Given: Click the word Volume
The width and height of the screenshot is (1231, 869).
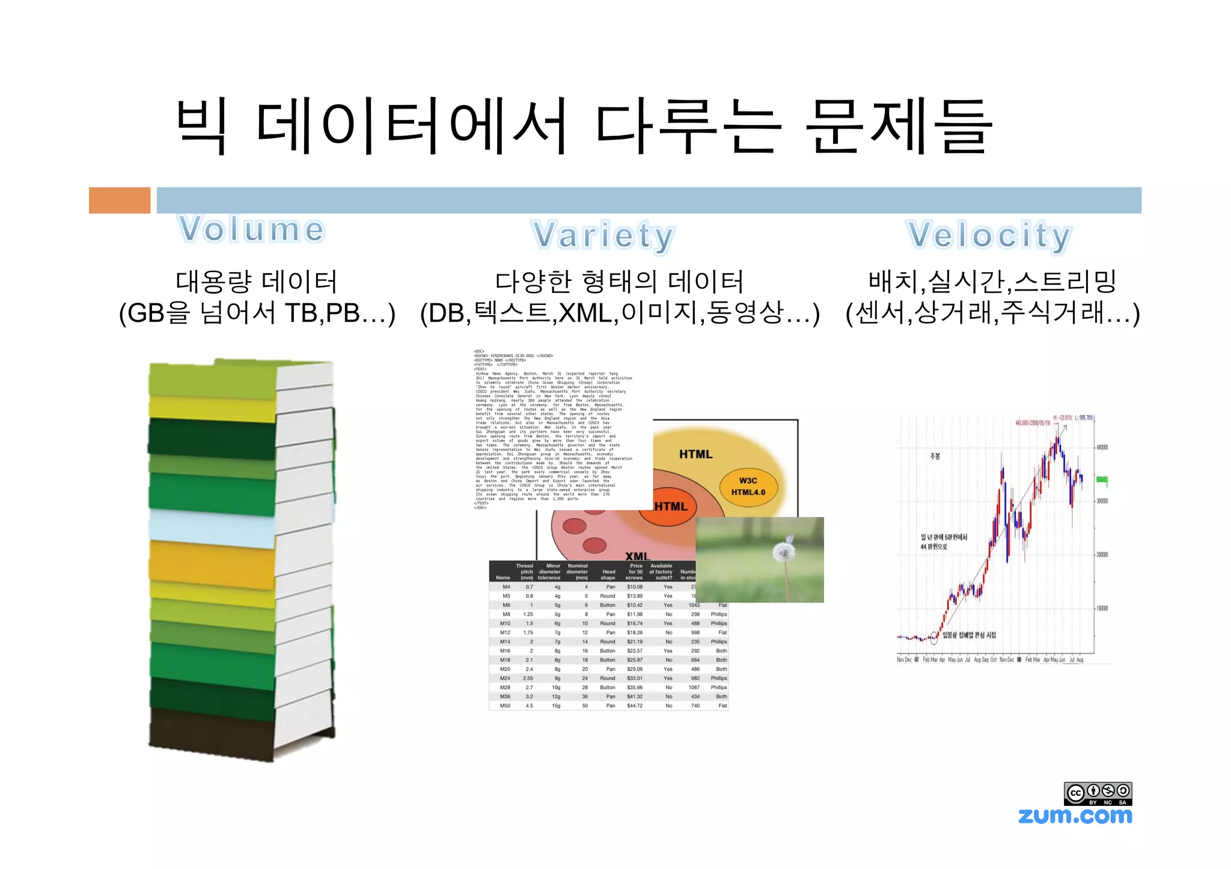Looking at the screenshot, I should pos(252,229).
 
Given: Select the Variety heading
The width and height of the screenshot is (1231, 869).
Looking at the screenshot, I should pos(603,235).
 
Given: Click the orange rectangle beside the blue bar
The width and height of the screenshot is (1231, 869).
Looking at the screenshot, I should pos(120,200).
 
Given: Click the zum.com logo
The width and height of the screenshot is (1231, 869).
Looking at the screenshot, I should pos(1075,816).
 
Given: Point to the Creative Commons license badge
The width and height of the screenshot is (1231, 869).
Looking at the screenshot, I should pos(1098,793).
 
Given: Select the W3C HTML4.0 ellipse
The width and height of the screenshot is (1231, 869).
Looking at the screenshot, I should pos(748,486).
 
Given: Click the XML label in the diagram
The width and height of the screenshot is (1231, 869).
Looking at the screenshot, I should pos(637,556).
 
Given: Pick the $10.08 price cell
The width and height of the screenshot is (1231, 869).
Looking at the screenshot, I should pos(635,587).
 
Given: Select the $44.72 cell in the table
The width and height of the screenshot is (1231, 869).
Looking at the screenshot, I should pos(635,706).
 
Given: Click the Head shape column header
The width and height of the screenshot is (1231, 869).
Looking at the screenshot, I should pos(608,575).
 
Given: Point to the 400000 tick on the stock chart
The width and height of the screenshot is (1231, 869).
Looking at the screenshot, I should pos(1102,447).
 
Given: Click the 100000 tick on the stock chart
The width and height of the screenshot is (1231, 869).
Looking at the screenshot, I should pos(1102,608).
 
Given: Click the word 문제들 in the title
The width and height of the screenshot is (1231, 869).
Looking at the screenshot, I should pos(899,127).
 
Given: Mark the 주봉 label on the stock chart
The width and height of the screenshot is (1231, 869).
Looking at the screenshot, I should pos(935,456).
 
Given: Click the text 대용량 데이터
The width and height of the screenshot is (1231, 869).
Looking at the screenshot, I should pos(257,281).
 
